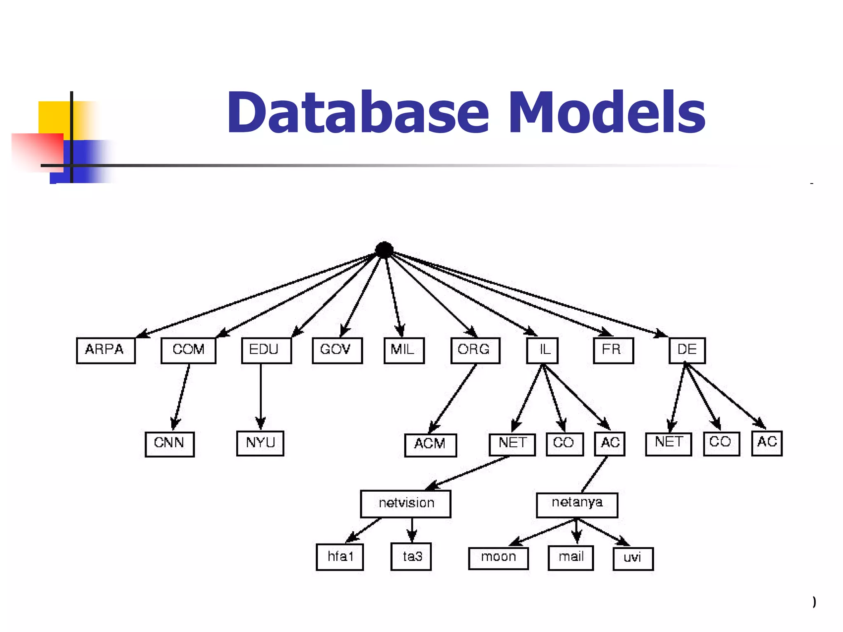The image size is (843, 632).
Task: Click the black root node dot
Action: point(384,250)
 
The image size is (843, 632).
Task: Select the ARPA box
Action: point(106,350)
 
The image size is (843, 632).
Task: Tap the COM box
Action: point(189,350)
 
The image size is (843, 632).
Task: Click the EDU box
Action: point(266,350)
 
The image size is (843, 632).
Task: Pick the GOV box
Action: point(337,350)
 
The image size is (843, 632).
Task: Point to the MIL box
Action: point(404,350)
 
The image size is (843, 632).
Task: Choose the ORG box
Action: point(475,350)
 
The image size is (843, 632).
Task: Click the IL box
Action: point(543,350)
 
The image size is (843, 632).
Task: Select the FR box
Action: point(613,350)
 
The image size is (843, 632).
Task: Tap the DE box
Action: point(687,350)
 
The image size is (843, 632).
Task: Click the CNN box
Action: point(170,444)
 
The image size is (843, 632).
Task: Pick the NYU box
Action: point(260,443)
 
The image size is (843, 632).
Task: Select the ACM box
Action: point(431,445)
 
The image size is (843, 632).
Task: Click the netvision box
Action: point(406,504)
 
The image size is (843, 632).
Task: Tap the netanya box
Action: point(577,504)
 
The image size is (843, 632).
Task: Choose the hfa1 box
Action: point(340,557)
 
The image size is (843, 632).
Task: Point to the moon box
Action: point(498,558)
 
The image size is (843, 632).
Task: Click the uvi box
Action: point(633,558)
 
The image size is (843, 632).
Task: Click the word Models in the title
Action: point(607,113)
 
